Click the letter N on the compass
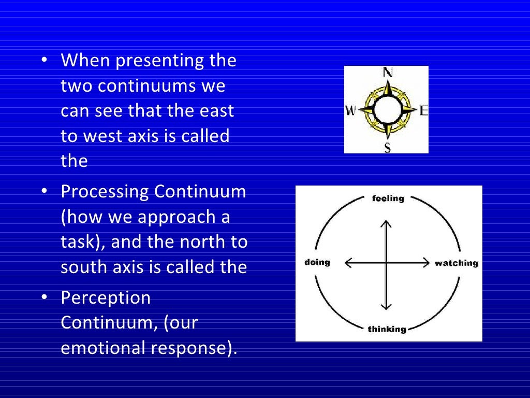[x=387, y=73]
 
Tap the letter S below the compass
[x=387, y=148]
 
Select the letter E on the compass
[x=423, y=110]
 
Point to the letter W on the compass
[x=350, y=110]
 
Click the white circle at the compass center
[x=387, y=110]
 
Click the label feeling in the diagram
[x=388, y=198]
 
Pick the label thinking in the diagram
[x=387, y=329]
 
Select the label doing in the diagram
[x=317, y=262]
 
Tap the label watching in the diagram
[x=456, y=263]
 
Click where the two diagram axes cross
[x=386, y=263]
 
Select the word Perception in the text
[x=106, y=298]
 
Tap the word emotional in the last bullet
[x=103, y=348]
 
